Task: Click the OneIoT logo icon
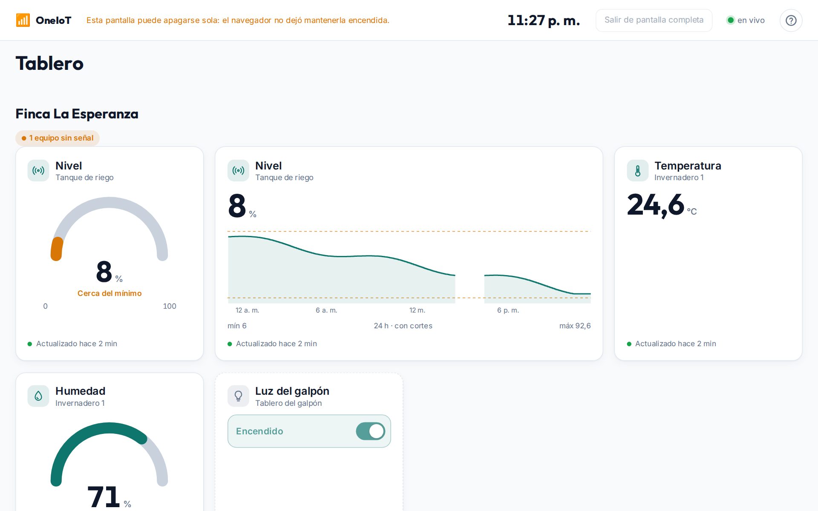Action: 23,20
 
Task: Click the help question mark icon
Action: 791,20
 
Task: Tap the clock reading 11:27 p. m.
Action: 544,20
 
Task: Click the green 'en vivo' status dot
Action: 731,20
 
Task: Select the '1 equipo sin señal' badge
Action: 58,138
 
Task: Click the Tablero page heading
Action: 49,63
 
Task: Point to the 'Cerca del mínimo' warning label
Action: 109,293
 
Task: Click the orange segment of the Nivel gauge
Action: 57,249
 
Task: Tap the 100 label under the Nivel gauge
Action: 170,306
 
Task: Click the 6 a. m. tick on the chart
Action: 326,310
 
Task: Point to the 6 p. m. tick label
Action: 508,310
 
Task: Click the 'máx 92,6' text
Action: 575,326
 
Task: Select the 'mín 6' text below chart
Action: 237,326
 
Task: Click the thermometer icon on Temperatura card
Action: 638,171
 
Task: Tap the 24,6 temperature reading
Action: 656,205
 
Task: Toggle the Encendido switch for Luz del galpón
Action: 371,431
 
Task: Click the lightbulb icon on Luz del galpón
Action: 239,396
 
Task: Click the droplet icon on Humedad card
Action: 38,396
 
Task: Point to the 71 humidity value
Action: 104,497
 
